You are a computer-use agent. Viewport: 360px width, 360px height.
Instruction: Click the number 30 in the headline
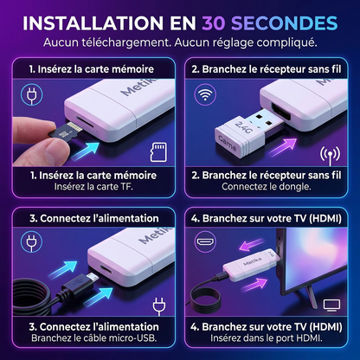click(214, 23)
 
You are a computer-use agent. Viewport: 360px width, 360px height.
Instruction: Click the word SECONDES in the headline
click(285, 23)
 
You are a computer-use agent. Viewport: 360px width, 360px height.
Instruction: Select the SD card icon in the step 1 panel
click(158, 151)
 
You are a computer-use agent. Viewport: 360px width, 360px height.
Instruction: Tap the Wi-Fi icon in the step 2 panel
click(205, 94)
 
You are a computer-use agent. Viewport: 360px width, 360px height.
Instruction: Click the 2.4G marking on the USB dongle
click(244, 126)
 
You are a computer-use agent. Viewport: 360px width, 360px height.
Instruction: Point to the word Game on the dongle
click(228, 144)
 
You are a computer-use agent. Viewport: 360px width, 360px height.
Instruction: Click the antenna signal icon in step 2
click(331, 156)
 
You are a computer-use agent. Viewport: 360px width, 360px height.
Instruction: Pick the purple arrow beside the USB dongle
click(283, 147)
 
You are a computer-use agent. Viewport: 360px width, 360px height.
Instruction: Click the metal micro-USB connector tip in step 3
click(93, 278)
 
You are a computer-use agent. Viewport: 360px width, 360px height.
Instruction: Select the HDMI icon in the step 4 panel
click(205, 241)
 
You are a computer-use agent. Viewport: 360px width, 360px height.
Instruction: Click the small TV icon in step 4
click(331, 305)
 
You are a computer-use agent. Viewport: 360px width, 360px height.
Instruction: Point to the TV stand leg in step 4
click(312, 297)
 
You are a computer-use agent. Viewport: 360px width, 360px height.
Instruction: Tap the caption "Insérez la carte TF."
click(93, 187)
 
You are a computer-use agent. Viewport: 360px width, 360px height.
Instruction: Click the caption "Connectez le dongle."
click(267, 187)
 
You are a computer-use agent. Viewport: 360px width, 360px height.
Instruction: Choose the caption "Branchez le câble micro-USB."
click(94, 337)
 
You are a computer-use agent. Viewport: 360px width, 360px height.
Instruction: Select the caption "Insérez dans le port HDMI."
click(267, 337)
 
